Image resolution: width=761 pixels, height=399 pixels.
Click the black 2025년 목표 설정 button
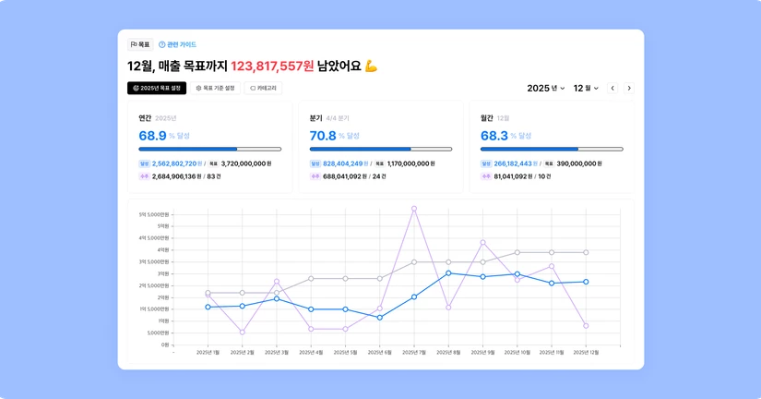(x=157, y=88)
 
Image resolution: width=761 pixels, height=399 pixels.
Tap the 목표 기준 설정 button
(x=215, y=88)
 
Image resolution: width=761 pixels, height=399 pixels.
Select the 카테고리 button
(x=263, y=88)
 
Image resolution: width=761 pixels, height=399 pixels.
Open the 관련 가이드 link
(x=177, y=44)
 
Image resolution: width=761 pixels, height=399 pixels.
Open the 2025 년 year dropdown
(x=546, y=88)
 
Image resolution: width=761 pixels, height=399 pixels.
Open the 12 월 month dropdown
(x=586, y=88)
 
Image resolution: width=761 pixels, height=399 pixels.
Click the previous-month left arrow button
(x=612, y=88)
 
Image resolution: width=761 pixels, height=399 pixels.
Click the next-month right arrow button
(x=629, y=88)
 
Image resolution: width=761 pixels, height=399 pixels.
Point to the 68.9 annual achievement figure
(x=152, y=136)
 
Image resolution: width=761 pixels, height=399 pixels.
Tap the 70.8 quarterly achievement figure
(x=323, y=136)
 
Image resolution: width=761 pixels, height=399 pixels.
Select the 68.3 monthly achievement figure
(x=494, y=136)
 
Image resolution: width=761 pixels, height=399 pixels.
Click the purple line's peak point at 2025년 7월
(x=414, y=209)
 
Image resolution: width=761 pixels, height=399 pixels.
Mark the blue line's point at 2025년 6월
(x=379, y=318)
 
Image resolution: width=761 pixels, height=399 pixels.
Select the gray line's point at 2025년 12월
(x=586, y=252)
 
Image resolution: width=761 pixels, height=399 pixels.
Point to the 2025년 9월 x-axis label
(x=482, y=353)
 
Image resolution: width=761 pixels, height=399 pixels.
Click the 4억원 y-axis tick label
(x=161, y=250)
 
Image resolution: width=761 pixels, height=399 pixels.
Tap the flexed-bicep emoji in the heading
(x=372, y=66)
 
